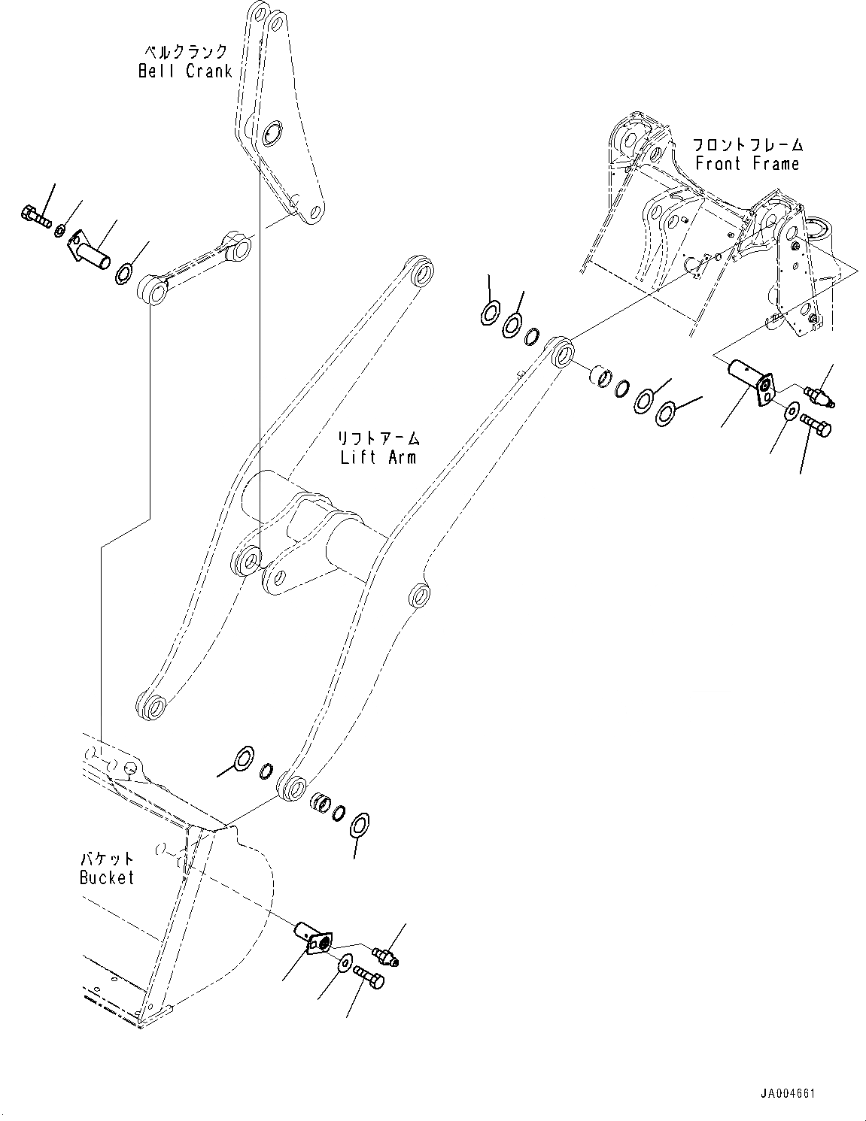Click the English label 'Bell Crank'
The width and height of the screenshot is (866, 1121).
coord(184,71)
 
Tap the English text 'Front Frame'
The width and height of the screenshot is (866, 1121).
coord(746,163)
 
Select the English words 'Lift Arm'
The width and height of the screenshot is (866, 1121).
coord(378,457)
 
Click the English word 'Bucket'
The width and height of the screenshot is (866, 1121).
coord(107,877)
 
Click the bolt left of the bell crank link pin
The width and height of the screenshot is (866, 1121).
coord(34,216)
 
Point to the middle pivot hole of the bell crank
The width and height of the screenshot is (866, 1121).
coord(271,129)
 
